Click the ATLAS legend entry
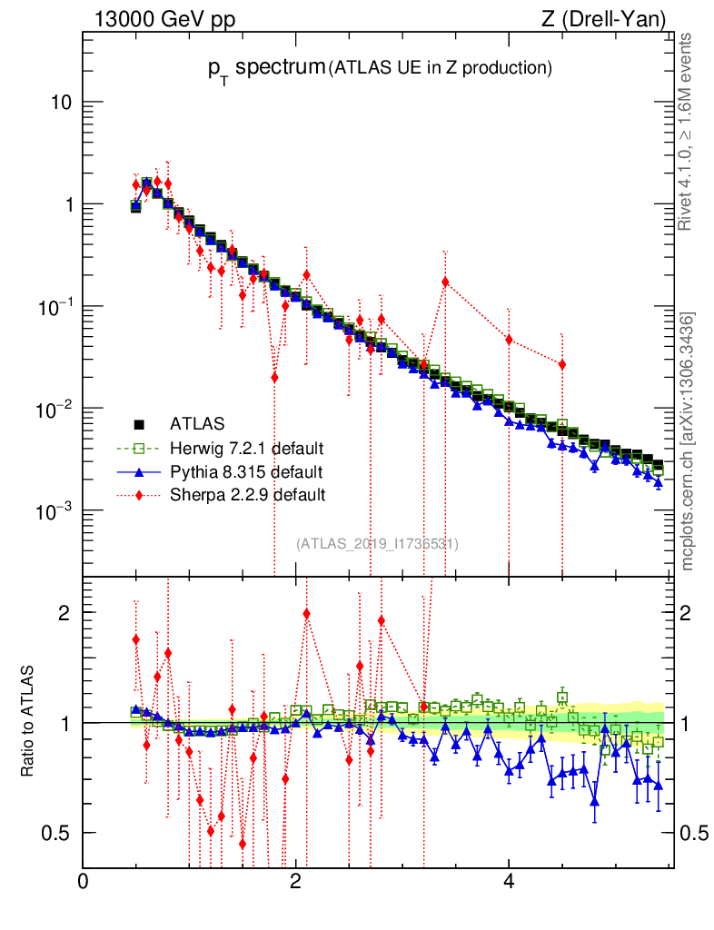click(196, 423)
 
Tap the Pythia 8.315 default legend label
click(246, 471)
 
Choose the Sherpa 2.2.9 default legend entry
click(248, 495)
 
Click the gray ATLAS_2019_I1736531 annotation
click(377, 544)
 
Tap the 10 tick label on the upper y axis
click(61, 103)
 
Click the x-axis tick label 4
click(509, 881)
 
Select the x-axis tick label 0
click(84, 881)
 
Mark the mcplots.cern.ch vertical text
click(688, 442)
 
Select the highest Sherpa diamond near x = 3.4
click(445, 282)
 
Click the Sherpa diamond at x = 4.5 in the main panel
click(562, 364)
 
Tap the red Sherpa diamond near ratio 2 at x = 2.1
click(306, 614)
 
